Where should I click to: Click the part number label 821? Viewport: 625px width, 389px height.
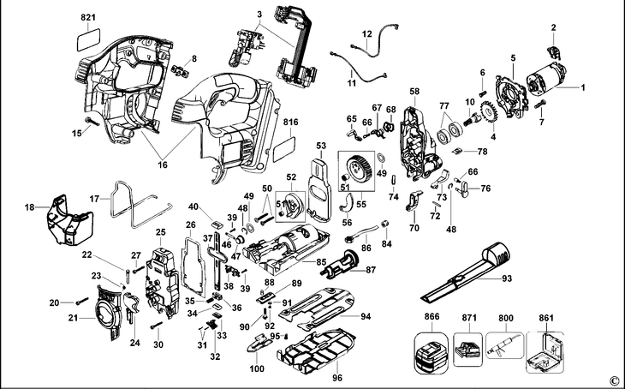pyautogui.click(x=88, y=17)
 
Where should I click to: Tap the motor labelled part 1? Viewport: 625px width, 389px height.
pyautogui.click(x=546, y=81)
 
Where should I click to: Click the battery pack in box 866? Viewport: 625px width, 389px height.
pyautogui.click(x=431, y=353)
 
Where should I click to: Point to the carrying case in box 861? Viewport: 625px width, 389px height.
pyautogui.click(x=545, y=352)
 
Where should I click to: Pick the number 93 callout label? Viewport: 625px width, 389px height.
pyautogui.click(x=507, y=278)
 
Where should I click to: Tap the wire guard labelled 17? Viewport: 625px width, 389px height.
pyautogui.click(x=140, y=205)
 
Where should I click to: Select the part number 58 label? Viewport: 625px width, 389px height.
pyautogui.click(x=414, y=92)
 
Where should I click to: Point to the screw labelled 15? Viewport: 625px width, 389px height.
pyautogui.click(x=92, y=122)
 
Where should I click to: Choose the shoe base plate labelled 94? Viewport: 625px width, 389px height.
pyautogui.click(x=317, y=308)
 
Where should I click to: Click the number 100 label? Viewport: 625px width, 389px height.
pyautogui.click(x=257, y=368)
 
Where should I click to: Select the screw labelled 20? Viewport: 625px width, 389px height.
pyautogui.click(x=81, y=301)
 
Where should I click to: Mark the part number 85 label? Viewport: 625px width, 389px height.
pyautogui.click(x=321, y=263)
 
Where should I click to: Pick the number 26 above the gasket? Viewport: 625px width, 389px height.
pyautogui.click(x=191, y=224)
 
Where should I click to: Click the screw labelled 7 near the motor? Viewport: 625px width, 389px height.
pyautogui.click(x=539, y=105)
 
